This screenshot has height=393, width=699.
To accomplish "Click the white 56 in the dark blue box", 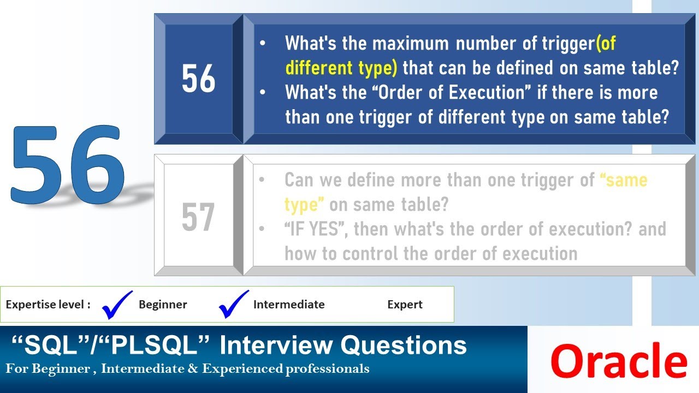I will [198, 80].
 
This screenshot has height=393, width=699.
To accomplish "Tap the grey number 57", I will [198, 217].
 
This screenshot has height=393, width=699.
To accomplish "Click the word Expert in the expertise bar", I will [405, 305].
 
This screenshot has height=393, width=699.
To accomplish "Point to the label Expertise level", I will [48, 305].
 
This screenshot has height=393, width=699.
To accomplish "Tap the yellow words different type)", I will [341, 68].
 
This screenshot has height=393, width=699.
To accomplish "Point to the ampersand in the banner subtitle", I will [194, 369].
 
